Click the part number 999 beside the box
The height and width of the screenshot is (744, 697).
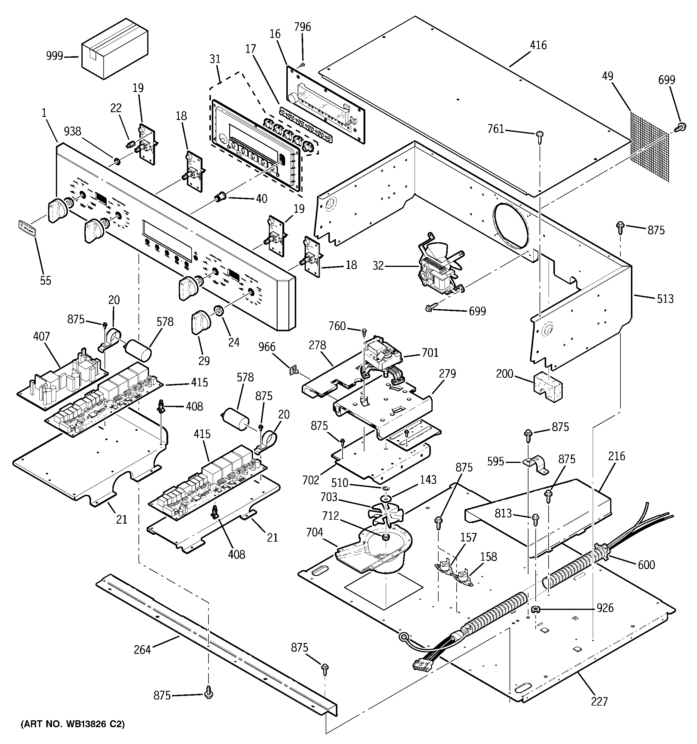coord(55,56)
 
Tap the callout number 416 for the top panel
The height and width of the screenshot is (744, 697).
coord(538,45)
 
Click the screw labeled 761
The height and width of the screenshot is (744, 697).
coord(540,135)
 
